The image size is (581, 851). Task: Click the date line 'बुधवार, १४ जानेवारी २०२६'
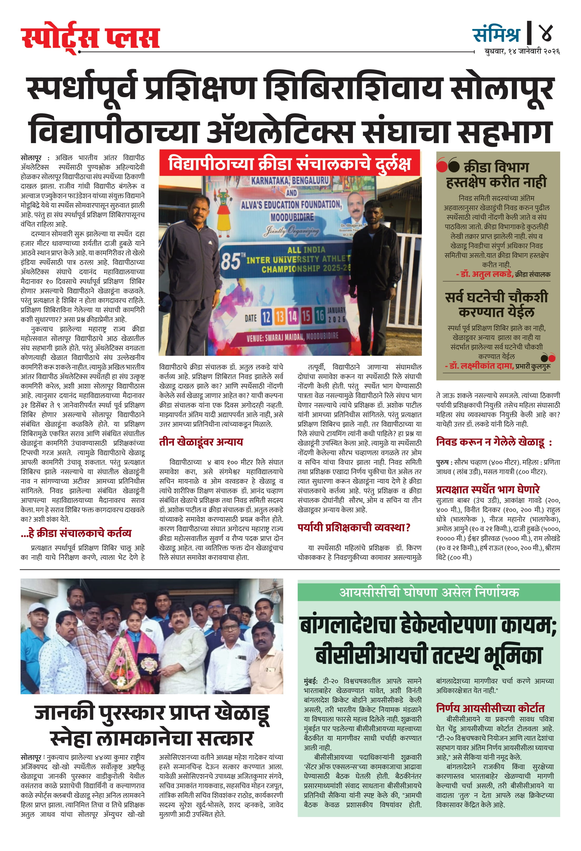[522, 52]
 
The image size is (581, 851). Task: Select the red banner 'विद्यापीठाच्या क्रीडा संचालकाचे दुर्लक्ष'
[289, 163]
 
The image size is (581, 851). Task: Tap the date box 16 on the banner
[320, 315]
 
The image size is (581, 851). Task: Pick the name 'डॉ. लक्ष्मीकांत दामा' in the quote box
[480, 366]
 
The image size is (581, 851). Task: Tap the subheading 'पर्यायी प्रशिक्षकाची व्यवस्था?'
[354, 528]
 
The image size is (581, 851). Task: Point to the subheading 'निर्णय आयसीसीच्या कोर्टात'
[490, 708]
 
